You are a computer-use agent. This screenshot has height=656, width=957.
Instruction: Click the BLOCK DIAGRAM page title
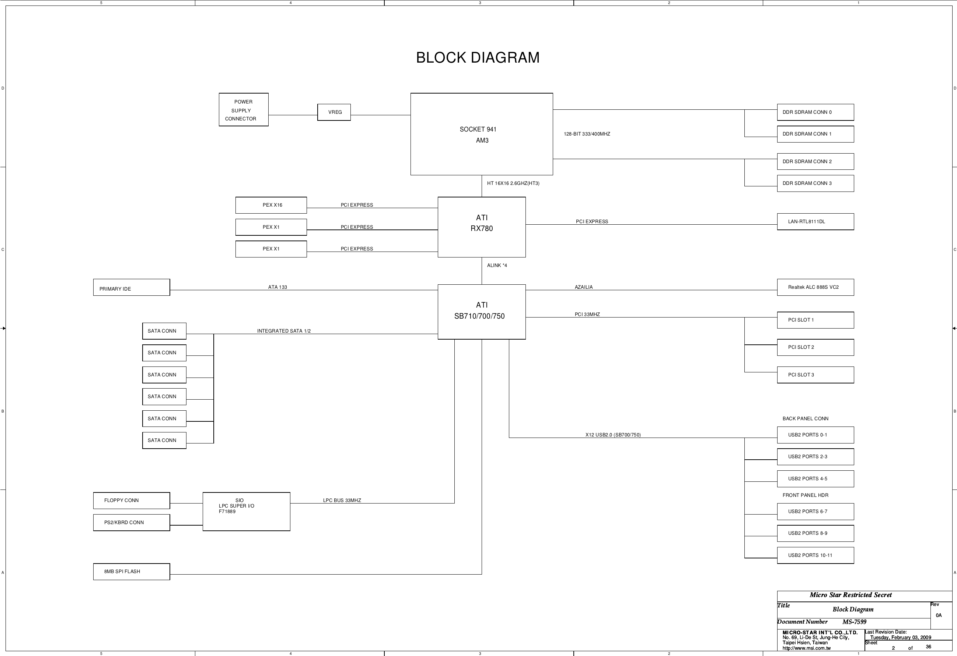(x=478, y=57)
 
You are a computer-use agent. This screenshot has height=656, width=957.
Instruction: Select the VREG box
(x=334, y=112)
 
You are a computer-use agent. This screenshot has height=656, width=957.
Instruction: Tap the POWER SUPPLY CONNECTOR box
(x=243, y=110)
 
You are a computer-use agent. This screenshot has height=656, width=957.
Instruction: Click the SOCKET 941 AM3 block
(x=481, y=134)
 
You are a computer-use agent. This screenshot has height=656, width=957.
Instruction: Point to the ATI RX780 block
(x=481, y=227)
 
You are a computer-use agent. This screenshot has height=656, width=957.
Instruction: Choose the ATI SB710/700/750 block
(x=481, y=312)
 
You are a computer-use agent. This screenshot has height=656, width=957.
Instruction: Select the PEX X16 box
(x=271, y=205)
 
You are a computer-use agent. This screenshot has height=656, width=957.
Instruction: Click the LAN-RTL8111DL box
(x=815, y=221)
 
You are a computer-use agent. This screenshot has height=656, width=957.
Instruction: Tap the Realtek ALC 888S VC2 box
(x=815, y=287)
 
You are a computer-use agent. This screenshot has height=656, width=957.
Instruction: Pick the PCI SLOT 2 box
(x=815, y=347)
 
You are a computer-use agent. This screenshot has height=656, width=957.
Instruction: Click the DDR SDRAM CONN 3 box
(x=815, y=183)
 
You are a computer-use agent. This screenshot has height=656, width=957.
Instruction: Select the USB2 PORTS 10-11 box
(x=815, y=555)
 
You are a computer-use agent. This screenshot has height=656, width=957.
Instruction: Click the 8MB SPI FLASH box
(x=131, y=572)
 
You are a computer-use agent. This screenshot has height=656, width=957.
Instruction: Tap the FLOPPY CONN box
(x=131, y=501)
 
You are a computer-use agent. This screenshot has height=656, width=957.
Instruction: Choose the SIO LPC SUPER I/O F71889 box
(x=246, y=512)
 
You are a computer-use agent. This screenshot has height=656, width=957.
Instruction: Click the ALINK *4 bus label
(x=497, y=266)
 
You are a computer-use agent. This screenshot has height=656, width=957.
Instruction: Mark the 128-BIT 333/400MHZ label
(x=587, y=134)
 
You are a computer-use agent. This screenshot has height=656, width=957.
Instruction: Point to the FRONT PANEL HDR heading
(x=805, y=495)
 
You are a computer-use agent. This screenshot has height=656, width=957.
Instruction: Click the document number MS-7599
(x=854, y=622)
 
